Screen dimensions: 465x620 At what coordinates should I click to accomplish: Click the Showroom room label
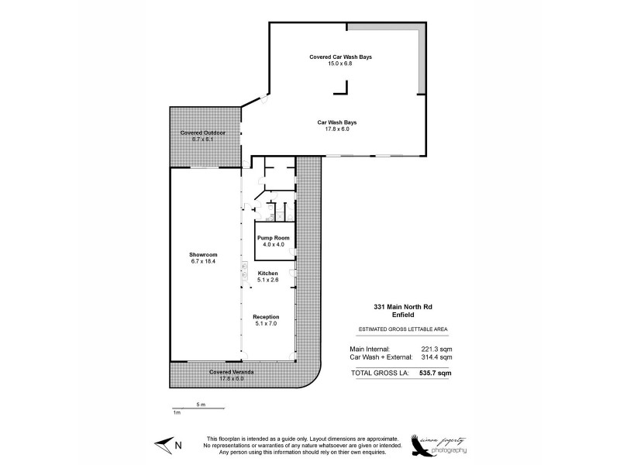point(203,254)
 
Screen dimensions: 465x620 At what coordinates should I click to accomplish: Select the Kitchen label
point(268,274)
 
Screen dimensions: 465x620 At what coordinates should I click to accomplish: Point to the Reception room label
point(266,317)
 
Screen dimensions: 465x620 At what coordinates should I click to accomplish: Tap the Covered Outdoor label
point(202,133)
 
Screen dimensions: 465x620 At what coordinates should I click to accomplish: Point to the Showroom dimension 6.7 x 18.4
point(203,260)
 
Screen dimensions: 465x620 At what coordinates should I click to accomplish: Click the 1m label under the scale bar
point(176,412)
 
